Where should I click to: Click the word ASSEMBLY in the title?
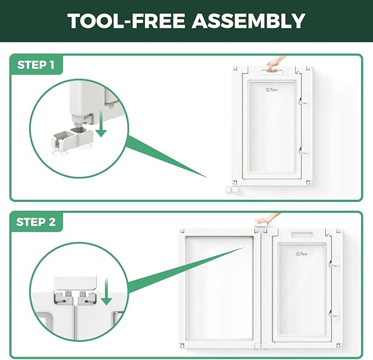tap(248, 21)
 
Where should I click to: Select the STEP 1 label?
tap(36, 65)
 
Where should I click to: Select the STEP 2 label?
tap(36, 222)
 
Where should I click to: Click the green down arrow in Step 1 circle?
tap(102, 123)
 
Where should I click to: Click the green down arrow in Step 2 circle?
tap(107, 291)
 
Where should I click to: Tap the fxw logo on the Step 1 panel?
tap(271, 90)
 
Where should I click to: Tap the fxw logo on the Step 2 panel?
tap(302, 254)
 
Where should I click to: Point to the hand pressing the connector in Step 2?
tap(267, 219)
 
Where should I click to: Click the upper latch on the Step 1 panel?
tap(304, 102)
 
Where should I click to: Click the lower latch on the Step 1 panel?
tap(304, 151)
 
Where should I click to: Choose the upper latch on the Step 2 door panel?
tap(334, 263)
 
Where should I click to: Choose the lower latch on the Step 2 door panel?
tap(334, 314)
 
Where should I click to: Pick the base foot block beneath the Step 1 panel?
tap(232, 189)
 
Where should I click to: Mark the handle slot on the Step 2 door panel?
tap(302, 235)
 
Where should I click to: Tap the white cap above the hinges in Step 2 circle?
tap(75, 282)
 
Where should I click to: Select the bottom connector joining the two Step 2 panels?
tap(260, 346)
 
